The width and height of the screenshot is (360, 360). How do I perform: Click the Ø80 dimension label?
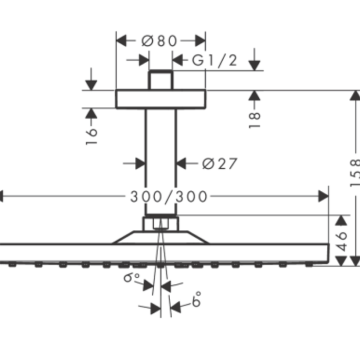[159, 41]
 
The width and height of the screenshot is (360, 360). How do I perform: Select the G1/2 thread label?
[215, 61]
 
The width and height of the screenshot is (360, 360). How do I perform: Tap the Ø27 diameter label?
[220, 164]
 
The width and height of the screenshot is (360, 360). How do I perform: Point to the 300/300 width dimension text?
[169, 196]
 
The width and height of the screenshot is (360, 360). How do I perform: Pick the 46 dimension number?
[342, 240]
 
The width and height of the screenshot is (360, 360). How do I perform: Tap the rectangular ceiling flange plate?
[160, 99]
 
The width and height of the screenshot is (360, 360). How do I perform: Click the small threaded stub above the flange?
[160, 80]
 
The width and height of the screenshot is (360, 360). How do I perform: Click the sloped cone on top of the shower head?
[160, 237]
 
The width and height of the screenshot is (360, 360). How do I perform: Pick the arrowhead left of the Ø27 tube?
[139, 164]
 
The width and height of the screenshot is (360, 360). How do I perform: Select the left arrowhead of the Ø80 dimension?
[121, 40]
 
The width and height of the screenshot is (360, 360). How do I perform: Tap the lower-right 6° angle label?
[196, 300]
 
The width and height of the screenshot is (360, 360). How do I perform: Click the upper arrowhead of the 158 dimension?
[355, 96]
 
